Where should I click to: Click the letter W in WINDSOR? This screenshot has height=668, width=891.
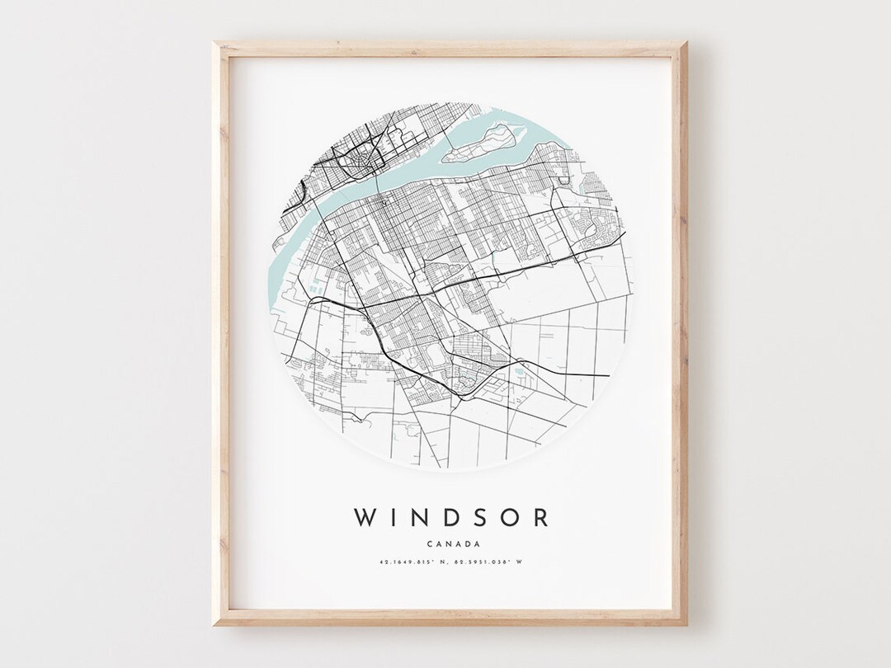click(x=365, y=518)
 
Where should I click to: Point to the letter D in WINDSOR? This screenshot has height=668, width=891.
click(x=457, y=518)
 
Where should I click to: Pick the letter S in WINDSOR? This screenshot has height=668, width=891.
click(x=486, y=518)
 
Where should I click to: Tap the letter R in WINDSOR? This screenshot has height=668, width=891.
click(x=541, y=518)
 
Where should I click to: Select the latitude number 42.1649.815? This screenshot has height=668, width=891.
click(x=394, y=562)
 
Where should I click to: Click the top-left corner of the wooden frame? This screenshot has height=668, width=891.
click(x=216, y=44)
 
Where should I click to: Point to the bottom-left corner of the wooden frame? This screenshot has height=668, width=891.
click(x=216, y=624)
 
